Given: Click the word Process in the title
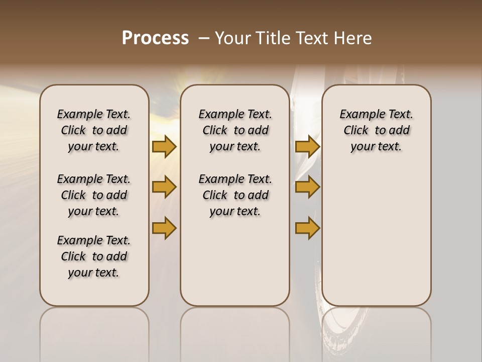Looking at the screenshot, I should [x=155, y=38].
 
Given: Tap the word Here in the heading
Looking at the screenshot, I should [x=353, y=38].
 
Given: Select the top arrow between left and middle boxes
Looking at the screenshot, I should [x=164, y=146].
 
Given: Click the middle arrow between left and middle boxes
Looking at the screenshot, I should [x=164, y=187].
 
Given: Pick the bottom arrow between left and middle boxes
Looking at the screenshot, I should [x=164, y=228].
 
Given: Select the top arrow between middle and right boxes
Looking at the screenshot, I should [x=307, y=146].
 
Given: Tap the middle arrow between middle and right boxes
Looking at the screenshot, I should [x=307, y=187].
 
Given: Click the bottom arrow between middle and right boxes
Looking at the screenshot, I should [x=307, y=228].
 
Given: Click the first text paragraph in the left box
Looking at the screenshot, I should [x=94, y=130].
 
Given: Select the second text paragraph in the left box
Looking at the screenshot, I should [x=94, y=195].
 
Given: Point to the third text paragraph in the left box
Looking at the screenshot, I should [x=94, y=256].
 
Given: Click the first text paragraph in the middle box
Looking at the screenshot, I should [x=235, y=130].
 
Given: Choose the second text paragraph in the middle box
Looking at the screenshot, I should [x=235, y=195].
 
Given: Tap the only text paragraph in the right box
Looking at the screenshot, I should [x=376, y=130].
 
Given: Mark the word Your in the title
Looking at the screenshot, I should [x=231, y=38].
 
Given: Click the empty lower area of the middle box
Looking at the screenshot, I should [x=235, y=261].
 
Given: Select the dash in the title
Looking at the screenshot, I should [x=204, y=38].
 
